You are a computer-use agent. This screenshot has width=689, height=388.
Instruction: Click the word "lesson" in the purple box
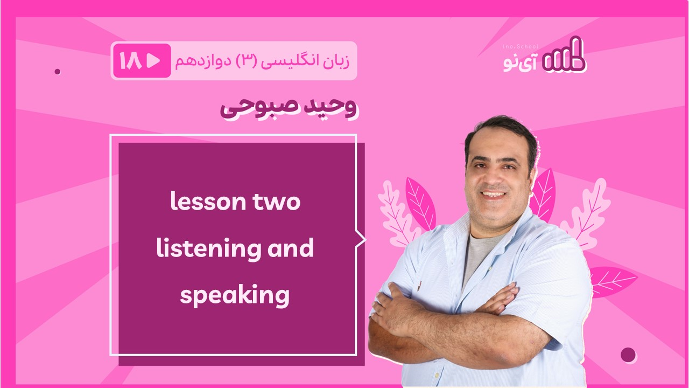click(x=208, y=201)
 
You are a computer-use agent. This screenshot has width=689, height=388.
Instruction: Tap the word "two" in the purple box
click(x=276, y=202)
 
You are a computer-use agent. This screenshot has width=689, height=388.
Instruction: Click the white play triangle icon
click(x=153, y=61)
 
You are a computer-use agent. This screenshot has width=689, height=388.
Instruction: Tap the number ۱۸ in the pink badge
click(x=130, y=61)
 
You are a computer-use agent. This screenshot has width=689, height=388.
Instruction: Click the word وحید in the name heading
click(x=330, y=107)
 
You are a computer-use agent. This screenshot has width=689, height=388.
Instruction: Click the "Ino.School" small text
click(x=521, y=47)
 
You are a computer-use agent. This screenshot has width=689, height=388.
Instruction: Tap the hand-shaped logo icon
click(x=564, y=55)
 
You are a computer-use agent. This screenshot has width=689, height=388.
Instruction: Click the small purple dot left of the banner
click(x=58, y=72)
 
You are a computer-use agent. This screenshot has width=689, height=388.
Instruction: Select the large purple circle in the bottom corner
click(x=628, y=355)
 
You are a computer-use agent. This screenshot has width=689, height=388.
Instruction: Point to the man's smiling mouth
click(x=493, y=195)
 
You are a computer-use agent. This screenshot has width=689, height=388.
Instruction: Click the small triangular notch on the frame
click(x=360, y=239)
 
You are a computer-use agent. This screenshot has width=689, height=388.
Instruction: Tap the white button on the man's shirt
click(x=436, y=375)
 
